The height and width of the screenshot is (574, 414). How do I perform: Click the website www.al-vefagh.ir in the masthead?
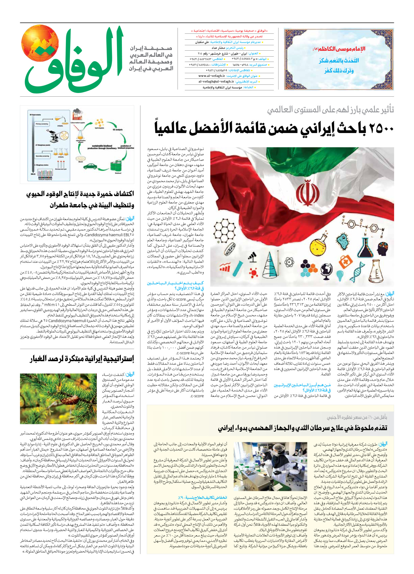[x=212, y=76]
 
